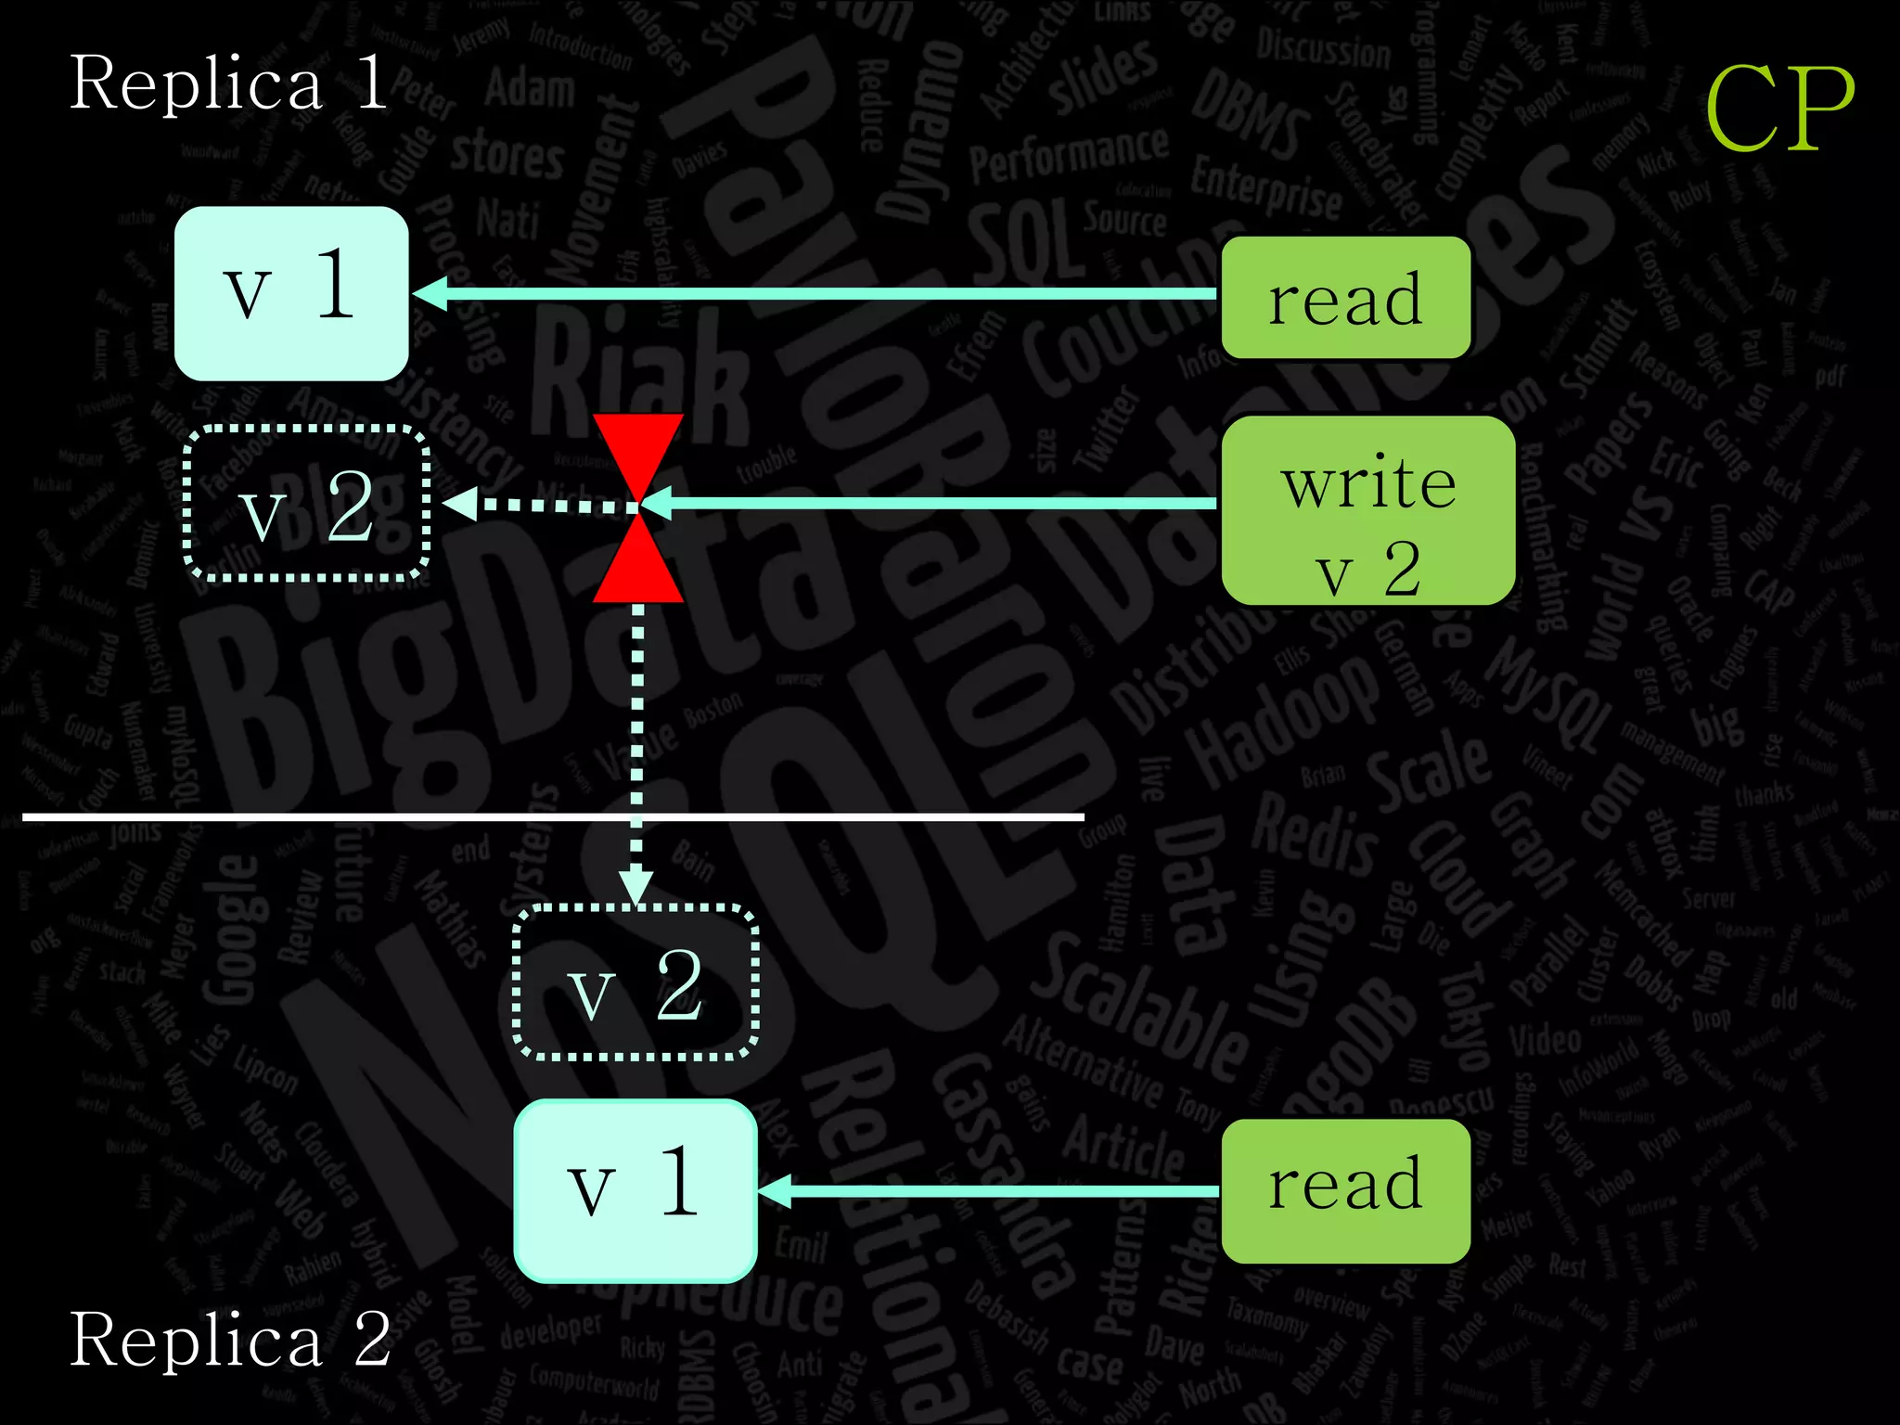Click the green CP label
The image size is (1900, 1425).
click(1779, 109)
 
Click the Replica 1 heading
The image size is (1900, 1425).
click(228, 83)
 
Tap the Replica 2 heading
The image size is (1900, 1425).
click(230, 1340)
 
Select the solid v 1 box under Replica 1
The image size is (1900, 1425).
click(291, 293)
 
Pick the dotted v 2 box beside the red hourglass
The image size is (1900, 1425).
click(306, 505)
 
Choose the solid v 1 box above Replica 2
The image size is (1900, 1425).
click(635, 1190)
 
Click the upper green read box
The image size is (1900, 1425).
click(1345, 298)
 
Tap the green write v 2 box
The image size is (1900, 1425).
click(1368, 510)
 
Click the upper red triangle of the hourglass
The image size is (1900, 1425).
click(638, 450)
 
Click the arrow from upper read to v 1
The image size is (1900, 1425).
click(816, 294)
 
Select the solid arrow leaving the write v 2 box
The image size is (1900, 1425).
click(928, 504)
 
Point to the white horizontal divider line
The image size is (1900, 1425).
click(371, 817)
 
